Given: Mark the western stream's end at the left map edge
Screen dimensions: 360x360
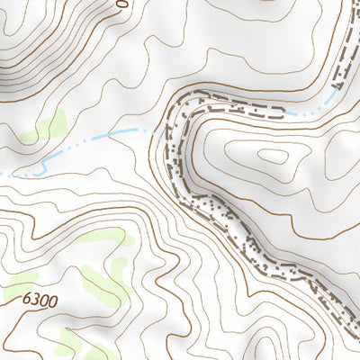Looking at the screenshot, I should (x=2, y=174).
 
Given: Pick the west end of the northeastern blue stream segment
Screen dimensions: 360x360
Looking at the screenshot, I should (x=290, y=114).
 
